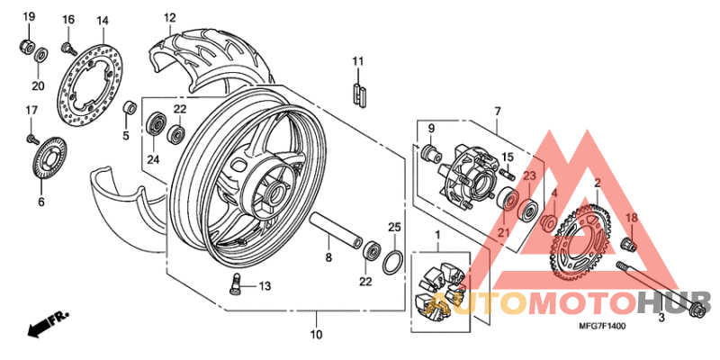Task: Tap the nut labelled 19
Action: pos(27,45)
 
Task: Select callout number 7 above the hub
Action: pos(496,111)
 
